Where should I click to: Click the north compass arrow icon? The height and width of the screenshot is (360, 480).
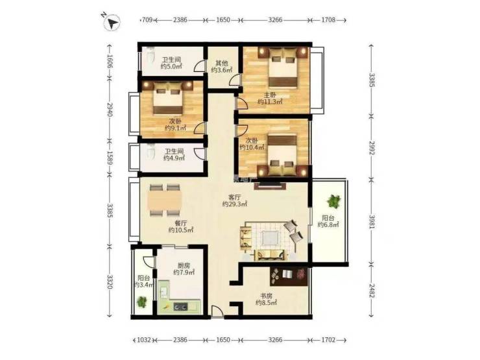point(112,22)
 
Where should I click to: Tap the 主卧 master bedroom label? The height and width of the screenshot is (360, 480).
point(270,95)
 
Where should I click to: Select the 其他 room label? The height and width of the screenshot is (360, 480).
point(222,64)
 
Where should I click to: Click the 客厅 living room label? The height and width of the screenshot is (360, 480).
point(235,197)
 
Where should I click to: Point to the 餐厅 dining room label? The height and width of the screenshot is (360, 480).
point(180,223)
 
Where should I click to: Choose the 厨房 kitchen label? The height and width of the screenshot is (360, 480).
point(184,265)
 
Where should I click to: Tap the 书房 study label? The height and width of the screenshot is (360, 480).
point(267,296)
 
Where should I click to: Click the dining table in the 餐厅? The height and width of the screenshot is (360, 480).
point(165,200)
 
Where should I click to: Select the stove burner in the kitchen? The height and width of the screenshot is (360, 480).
point(181,306)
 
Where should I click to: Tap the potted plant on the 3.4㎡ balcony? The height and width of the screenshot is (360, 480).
point(142,302)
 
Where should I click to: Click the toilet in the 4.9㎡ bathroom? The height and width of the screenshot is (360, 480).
point(150,152)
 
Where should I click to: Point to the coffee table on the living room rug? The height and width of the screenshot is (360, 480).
point(270,237)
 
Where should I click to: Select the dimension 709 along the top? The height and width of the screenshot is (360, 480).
point(147,20)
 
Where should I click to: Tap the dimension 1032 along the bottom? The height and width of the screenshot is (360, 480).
point(144,340)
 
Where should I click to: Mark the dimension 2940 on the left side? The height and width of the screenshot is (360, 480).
point(110,109)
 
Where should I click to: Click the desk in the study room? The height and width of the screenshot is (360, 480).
point(289,277)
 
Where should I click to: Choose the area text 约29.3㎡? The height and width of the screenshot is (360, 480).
point(235,204)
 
